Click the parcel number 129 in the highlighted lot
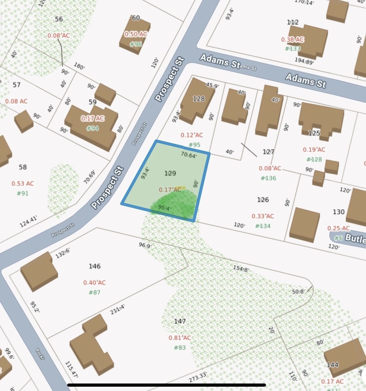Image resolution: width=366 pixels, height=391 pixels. [x=170, y=173]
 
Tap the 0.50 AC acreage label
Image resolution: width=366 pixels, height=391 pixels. [x=135, y=34]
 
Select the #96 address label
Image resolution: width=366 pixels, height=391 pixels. [x=135, y=44]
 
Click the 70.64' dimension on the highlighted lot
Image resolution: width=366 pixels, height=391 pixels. [x=188, y=155]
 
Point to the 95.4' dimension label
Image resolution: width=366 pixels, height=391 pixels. [x=164, y=207]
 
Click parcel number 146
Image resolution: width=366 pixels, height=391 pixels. [x=95, y=266]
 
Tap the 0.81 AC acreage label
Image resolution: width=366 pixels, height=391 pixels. [x=180, y=338]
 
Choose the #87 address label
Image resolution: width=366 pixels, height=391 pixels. [x=95, y=292]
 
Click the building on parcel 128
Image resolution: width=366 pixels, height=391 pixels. [x=197, y=99]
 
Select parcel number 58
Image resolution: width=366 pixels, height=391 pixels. [x=23, y=167]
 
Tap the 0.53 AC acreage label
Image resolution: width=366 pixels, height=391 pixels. [x=23, y=184]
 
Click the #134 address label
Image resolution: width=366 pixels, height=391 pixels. [x=263, y=226]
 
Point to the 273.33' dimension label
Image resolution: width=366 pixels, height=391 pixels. [x=198, y=377]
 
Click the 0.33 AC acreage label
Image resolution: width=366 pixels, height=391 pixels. [x=263, y=216]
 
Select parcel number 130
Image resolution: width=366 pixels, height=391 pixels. [x=339, y=212]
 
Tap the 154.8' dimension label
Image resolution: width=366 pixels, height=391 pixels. [x=241, y=269]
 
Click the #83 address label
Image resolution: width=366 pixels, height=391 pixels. [x=180, y=347]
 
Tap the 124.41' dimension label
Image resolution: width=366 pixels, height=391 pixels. [x=28, y=222]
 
